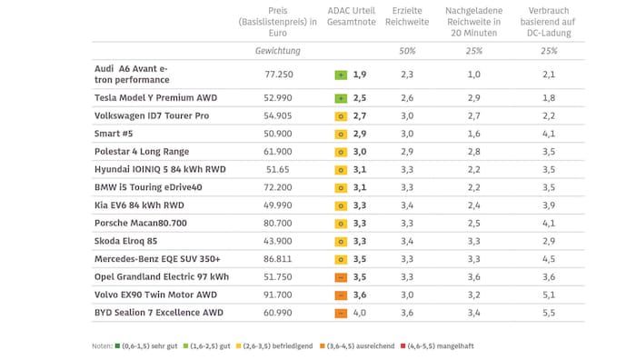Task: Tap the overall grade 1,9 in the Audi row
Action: point(361,74)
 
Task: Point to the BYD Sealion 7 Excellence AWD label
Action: point(160,313)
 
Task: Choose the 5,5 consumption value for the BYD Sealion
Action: point(548,313)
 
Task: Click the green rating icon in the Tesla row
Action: point(341,97)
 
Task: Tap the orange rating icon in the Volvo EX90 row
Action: point(341,295)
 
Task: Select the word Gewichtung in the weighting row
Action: point(278,51)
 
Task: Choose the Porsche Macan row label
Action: point(141,223)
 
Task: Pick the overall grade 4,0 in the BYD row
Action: point(361,313)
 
